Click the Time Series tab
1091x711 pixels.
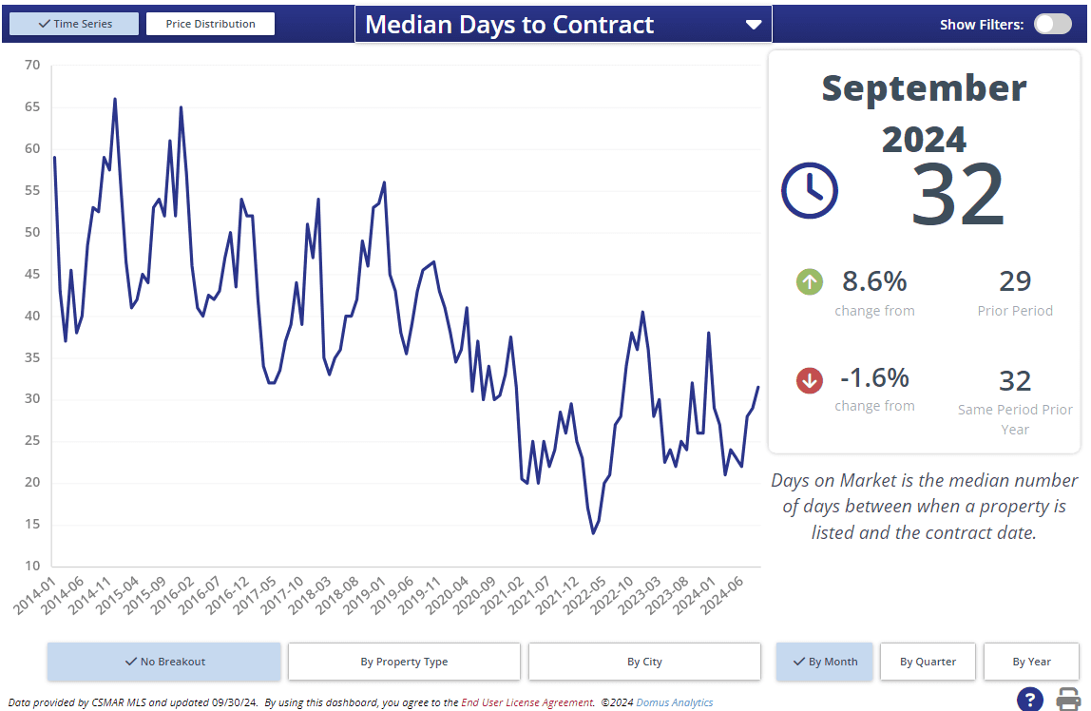click(74, 24)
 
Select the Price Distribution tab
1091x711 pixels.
click(210, 24)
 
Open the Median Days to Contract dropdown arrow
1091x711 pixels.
click(754, 25)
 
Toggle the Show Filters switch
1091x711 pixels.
click(1052, 25)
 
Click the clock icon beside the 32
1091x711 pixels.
click(809, 190)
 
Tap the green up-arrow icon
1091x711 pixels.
click(810, 281)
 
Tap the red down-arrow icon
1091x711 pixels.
click(810, 380)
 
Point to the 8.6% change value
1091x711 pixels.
click(874, 281)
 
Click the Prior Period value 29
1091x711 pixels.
click(1015, 281)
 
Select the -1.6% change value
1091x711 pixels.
click(874, 378)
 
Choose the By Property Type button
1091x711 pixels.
click(404, 662)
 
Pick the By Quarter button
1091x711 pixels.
click(928, 662)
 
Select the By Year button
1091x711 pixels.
click(1031, 662)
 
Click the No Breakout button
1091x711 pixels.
click(164, 662)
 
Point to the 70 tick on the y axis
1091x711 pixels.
click(32, 65)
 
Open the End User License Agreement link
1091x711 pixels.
click(527, 703)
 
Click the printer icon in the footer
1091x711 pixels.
click(1068, 699)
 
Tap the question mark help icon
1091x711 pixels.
click(1030, 699)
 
